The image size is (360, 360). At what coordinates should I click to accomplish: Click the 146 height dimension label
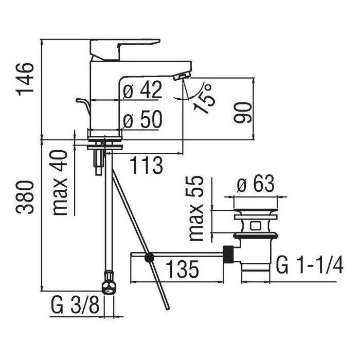[25, 79]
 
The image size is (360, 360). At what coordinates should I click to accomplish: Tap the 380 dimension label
[25, 197]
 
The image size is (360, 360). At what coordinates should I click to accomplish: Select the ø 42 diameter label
[142, 90]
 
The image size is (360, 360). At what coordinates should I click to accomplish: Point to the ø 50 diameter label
[142, 120]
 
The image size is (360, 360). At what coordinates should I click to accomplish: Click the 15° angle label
[204, 99]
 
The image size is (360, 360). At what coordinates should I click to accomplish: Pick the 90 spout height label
[243, 113]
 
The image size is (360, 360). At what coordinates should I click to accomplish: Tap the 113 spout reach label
[147, 166]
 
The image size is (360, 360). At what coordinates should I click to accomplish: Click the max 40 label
[60, 183]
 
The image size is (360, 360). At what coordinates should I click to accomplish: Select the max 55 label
[196, 208]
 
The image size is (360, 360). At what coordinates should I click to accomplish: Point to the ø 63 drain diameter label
[255, 184]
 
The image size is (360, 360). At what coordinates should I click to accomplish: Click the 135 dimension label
[182, 269]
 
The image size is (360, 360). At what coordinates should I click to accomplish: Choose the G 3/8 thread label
[75, 304]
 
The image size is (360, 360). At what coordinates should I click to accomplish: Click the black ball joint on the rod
[150, 258]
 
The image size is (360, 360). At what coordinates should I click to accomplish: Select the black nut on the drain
[228, 254]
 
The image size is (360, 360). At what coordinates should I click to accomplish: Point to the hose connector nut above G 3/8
[109, 283]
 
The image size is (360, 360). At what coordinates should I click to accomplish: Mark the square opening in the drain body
[255, 226]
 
